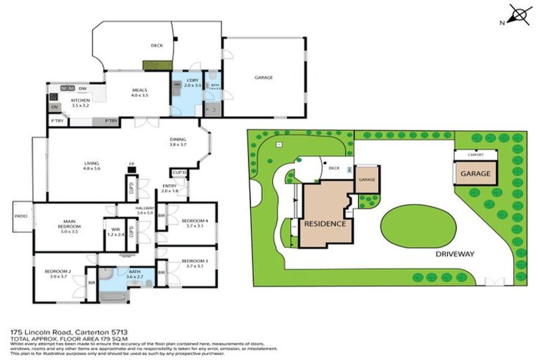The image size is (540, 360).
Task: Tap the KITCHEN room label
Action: click(80, 101)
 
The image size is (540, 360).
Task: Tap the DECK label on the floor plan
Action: click(157, 46)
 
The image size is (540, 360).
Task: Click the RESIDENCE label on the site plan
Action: click(325, 224)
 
